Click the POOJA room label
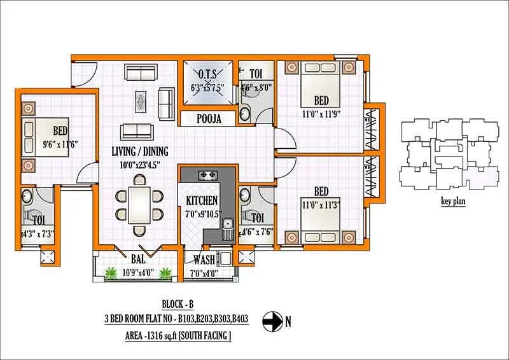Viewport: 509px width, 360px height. pyautogui.click(x=209, y=119)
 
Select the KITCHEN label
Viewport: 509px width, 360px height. pyautogui.click(x=202, y=201)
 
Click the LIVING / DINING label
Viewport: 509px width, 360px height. pyautogui.click(x=140, y=151)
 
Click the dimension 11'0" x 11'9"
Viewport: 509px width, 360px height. pyautogui.click(x=321, y=114)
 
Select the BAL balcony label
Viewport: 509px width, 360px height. pyautogui.click(x=139, y=260)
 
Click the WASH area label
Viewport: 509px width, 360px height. pyautogui.click(x=204, y=260)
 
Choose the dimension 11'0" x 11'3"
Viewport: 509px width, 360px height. pyautogui.click(x=321, y=205)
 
